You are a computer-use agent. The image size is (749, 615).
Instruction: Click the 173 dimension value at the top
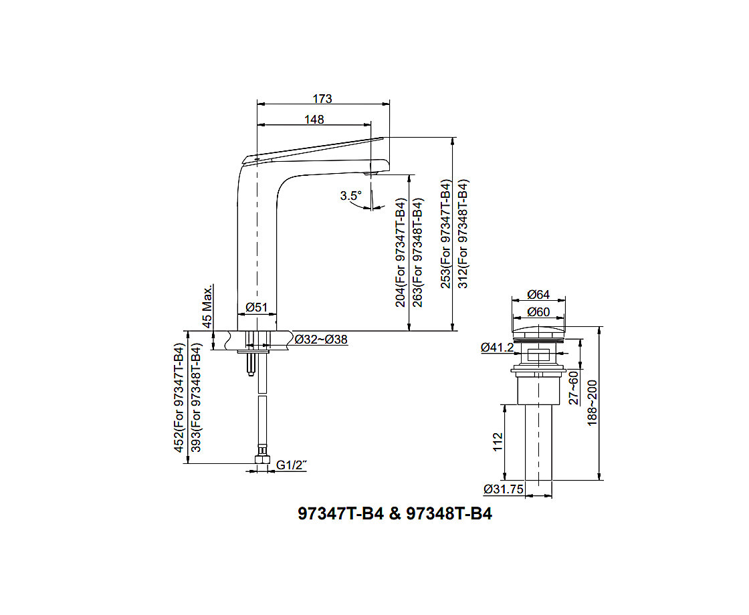[322, 99]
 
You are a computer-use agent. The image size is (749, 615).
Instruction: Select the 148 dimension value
[314, 120]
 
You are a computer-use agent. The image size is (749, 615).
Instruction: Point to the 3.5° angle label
[351, 196]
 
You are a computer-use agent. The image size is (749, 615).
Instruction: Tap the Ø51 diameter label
[257, 307]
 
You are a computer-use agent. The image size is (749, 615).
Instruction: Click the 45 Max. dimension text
[207, 307]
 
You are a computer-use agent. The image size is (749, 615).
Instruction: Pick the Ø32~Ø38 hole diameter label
[321, 340]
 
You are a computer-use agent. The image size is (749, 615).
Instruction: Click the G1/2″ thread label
[292, 465]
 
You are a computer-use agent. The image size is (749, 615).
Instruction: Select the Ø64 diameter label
[538, 295]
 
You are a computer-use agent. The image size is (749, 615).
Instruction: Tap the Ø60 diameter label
[538, 312]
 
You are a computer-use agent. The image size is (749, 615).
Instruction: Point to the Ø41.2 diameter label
[498, 347]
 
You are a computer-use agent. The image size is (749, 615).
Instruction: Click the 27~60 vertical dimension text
[574, 388]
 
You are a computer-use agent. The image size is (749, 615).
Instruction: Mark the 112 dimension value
[498, 442]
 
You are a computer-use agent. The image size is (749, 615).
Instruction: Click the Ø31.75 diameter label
[504, 489]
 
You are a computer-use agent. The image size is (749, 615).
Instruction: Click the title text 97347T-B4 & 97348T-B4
[395, 514]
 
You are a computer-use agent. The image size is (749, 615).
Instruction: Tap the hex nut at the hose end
[262, 459]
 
